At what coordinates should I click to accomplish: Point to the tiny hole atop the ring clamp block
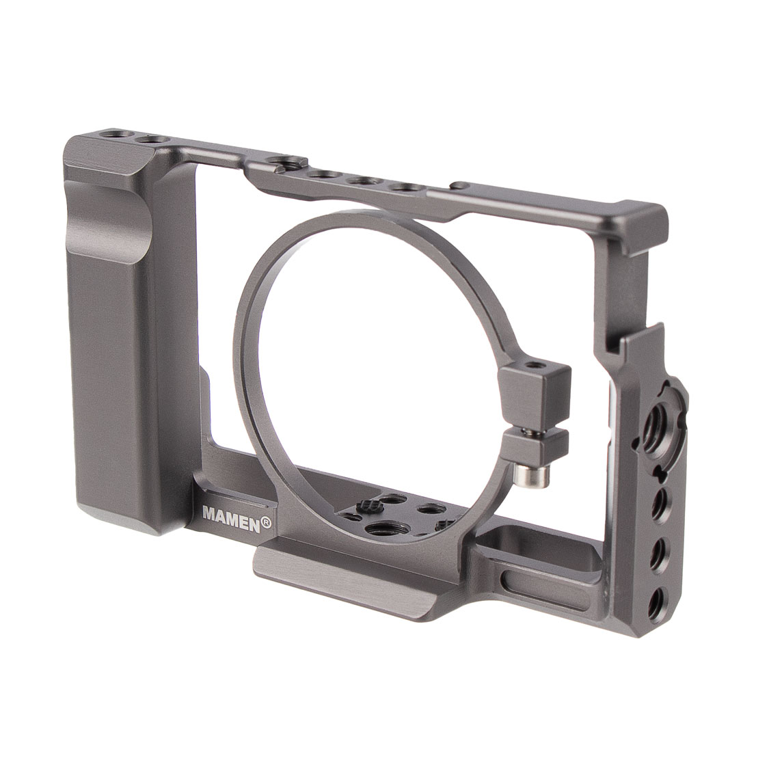click(x=532, y=366)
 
